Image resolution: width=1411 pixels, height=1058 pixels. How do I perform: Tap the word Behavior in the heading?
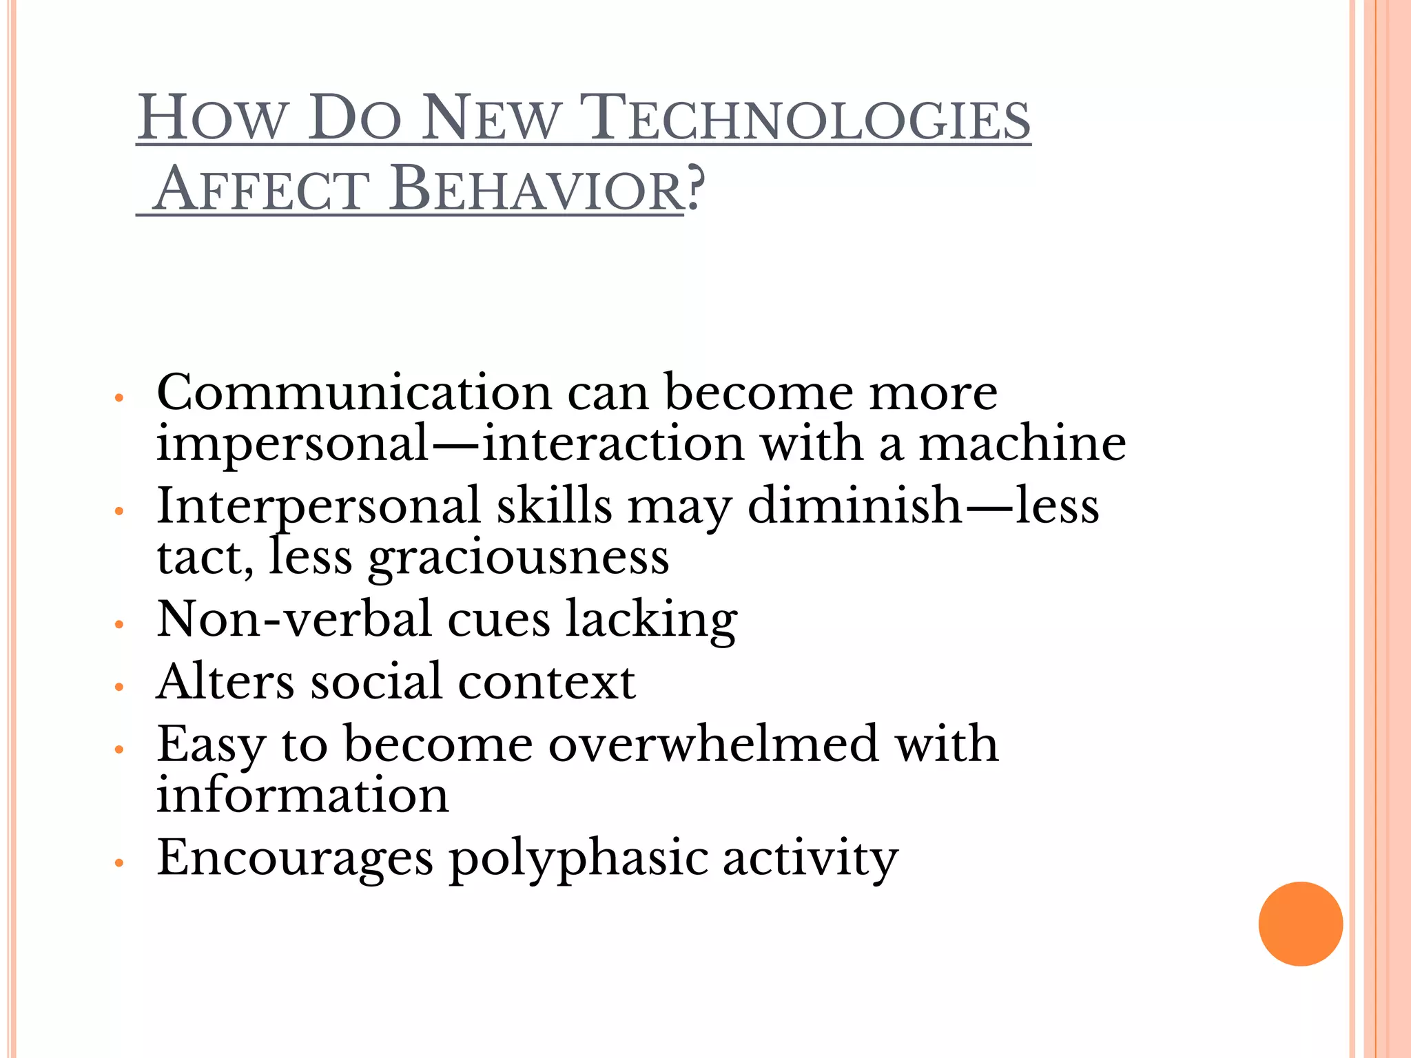tap(535, 189)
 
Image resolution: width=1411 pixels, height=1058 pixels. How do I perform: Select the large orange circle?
tap(1300, 924)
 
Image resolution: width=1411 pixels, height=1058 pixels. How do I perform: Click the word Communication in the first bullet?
tap(354, 393)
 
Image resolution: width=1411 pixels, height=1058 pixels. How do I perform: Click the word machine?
tap(1022, 444)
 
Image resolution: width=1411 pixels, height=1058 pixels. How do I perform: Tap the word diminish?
tap(854, 506)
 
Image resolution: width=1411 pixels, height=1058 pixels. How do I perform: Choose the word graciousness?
tap(518, 558)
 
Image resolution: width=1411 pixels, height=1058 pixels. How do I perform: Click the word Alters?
tap(225, 682)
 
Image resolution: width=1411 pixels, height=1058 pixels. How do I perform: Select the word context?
tap(546, 682)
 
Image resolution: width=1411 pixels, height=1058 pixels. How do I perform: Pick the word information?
tap(302, 795)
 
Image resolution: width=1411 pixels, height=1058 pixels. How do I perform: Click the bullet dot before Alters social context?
tap(119, 687)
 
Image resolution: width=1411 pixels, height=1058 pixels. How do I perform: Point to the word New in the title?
tap(490, 118)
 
